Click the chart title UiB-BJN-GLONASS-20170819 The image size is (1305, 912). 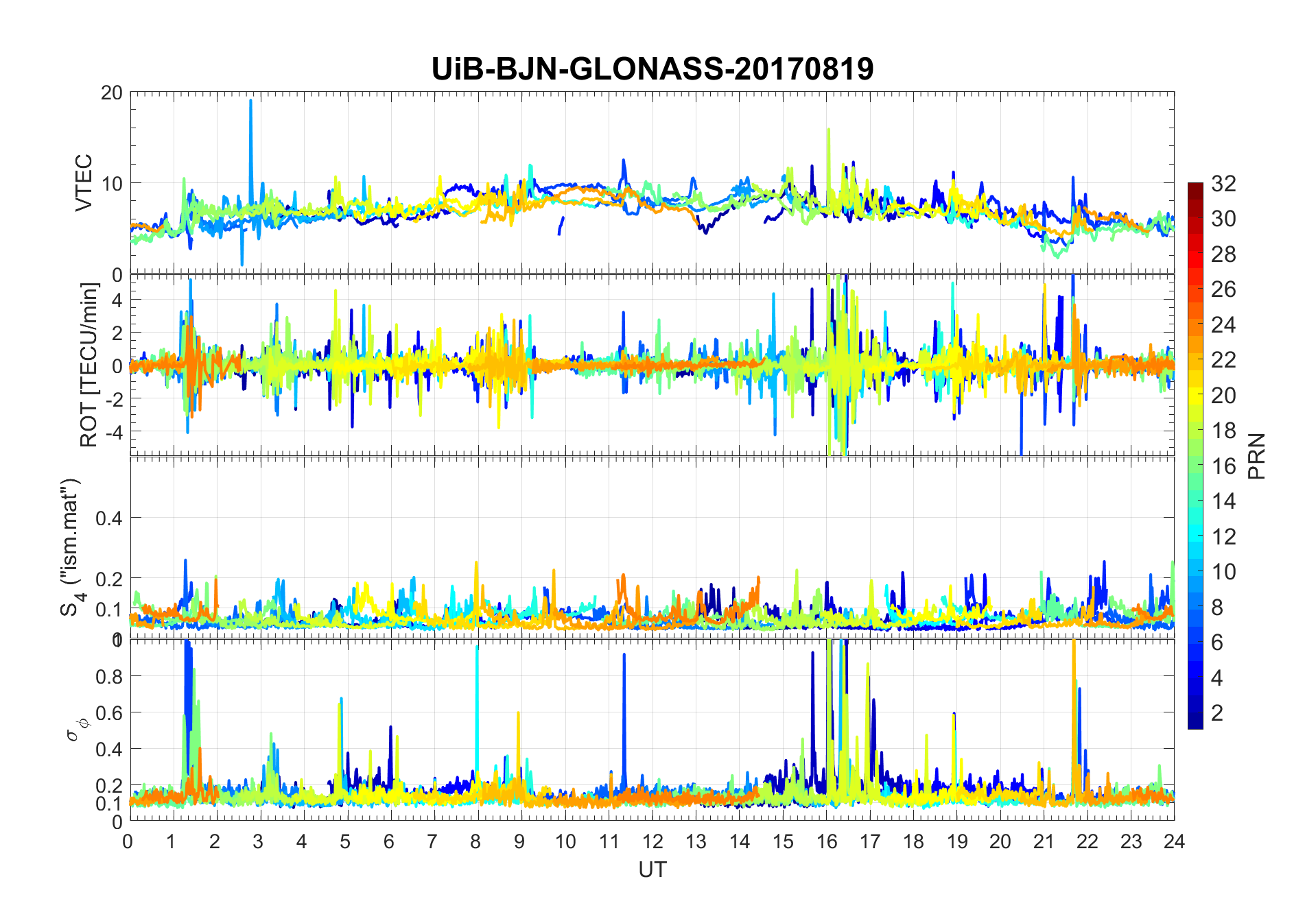click(652, 69)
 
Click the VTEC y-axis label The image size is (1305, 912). click(84, 182)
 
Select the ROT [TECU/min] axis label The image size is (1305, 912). click(89, 365)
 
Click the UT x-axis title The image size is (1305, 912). click(652, 869)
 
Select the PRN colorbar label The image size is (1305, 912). click(1257, 455)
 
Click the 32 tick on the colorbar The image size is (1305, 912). click(1223, 183)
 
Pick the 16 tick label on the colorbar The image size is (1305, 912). click(1223, 466)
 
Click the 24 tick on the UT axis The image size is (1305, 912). click(1174, 841)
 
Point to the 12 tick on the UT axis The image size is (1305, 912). click(652, 841)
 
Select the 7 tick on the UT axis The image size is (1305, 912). click(432, 841)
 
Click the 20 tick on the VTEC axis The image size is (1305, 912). click(111, 93)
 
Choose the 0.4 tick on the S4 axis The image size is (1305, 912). click(108, 518)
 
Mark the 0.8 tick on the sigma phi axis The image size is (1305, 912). click(108, 676)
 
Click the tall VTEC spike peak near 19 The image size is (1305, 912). click(250, 101)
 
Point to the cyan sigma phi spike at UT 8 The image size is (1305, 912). click(477, 648)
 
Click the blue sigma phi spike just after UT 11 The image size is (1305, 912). click(624, 656)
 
